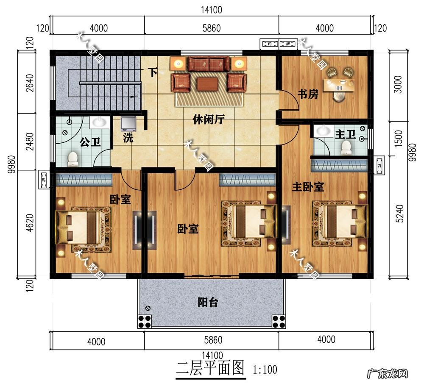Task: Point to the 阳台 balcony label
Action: tap(208, 302)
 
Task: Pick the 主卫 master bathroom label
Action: tap(345, 135)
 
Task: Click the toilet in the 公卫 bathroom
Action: tap(73, 158)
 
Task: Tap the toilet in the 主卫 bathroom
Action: tap(346, 147)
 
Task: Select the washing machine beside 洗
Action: tap(128, 124)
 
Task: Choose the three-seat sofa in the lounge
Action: tap(208, 64)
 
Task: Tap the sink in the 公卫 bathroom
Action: tap(100, 122)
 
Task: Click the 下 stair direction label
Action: tap(153, 72)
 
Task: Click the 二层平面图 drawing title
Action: tap(210, 368)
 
